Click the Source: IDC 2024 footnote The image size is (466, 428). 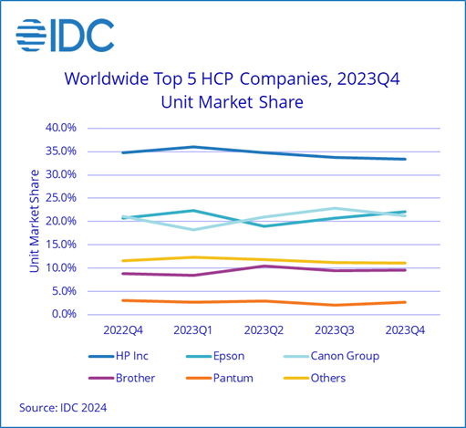(62, 407)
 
